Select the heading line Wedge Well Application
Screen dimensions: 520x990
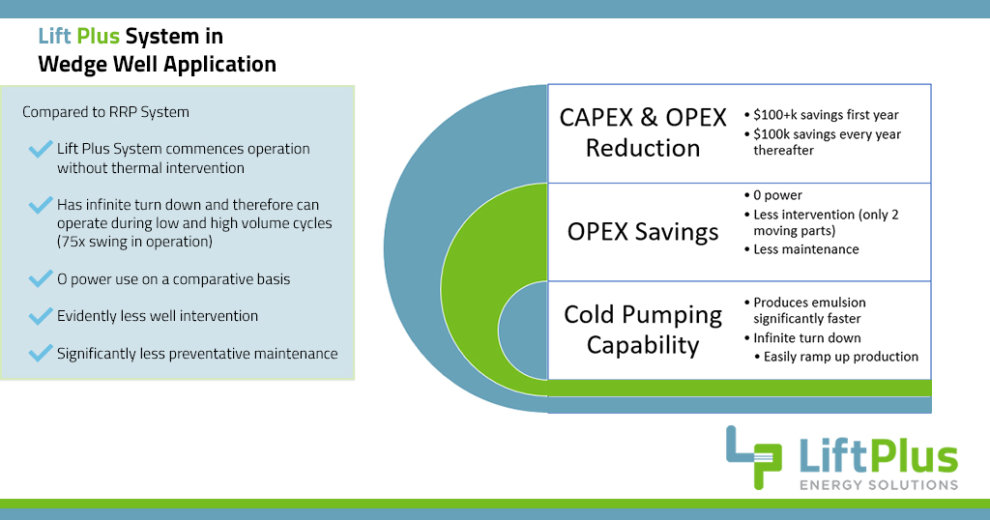(157, 65)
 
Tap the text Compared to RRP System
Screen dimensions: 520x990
(105, 112)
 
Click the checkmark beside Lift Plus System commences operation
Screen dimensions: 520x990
(41, 149)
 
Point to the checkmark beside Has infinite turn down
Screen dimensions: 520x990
(41, 205)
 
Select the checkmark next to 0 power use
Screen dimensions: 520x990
(41, 278)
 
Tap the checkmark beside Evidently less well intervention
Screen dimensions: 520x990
(41, 315)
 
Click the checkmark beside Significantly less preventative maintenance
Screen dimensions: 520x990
(41, 353)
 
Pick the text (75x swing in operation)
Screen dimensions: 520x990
(133, 242)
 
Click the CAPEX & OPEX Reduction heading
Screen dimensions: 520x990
(643, 133)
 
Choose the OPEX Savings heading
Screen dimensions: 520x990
(643, 232)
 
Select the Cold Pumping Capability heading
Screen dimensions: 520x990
(643, 330)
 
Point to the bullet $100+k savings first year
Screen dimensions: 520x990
(826, 115)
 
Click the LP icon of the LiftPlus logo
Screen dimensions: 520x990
(755, 457)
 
